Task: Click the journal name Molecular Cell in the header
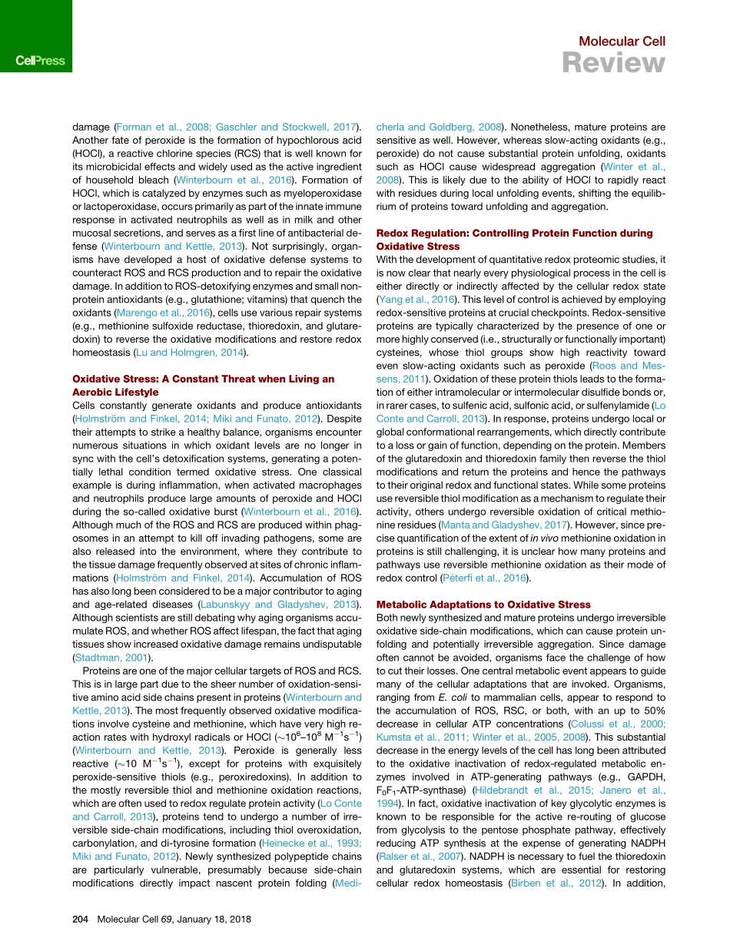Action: tap(622, 41)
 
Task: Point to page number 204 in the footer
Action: tap(81, 920)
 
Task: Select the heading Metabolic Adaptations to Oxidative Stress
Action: tap(483, 605)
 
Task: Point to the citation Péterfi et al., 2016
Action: tap(483, 578)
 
